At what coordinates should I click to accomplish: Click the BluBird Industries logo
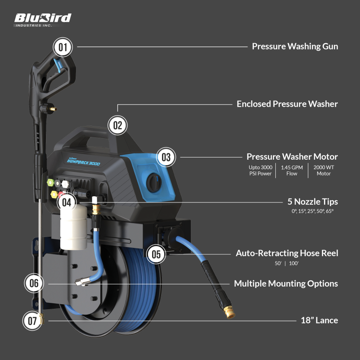coord(43,20)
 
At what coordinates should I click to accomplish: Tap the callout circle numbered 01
coord(63,47)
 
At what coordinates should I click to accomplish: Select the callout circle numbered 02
coord(117,125)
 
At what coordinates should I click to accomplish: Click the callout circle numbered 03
coord(166,157)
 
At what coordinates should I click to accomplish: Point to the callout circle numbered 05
coord(156,254)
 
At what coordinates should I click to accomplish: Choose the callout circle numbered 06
coord(34,283)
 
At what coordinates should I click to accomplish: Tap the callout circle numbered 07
coord(32,321)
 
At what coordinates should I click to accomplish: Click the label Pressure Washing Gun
coord(295,46)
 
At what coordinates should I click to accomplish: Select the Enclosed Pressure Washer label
coord(287,104)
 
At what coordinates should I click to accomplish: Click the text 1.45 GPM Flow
coord(292,171)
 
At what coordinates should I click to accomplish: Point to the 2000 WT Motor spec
coord(324,171)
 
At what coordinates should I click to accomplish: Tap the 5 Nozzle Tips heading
coord(313,202)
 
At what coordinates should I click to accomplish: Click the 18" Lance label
coord(319,320)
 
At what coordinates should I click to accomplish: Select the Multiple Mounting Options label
coord(286,283)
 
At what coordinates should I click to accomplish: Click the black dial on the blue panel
coord(154,183)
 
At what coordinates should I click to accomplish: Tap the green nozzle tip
coord(50,183)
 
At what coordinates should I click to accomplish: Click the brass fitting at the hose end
coord(230,312)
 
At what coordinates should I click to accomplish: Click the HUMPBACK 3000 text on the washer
coord(84,162)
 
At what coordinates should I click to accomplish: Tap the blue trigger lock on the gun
coord(58,65)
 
